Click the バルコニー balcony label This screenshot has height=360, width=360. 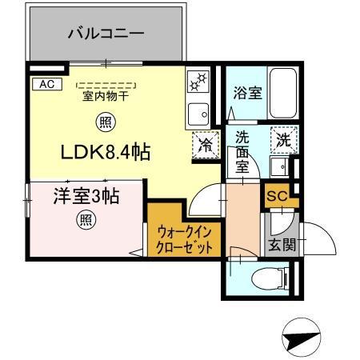pos(106,34)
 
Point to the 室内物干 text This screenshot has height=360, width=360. pos(106,97)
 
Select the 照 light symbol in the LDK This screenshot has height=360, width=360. pos(104,122)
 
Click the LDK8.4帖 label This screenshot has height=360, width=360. pos(102,150)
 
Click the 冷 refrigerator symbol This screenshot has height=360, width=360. pos(205,144)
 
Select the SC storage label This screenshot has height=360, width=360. pos(276,194)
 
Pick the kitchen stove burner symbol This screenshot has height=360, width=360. pos(198,82)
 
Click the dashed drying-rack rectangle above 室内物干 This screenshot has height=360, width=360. pos(105,85)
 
